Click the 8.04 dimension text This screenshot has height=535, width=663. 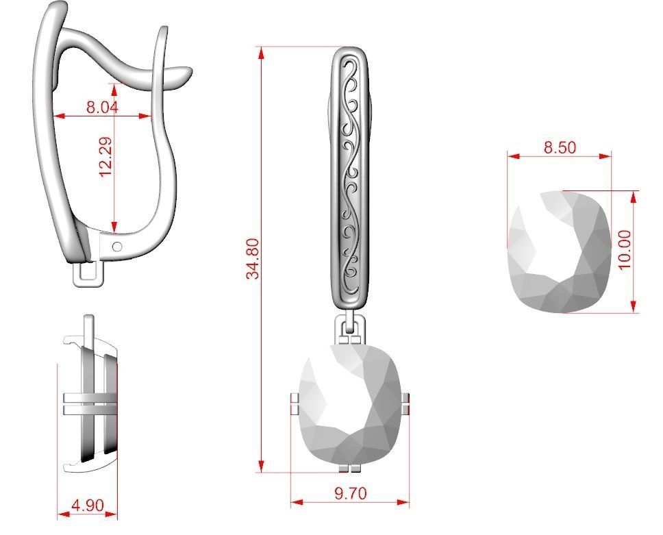[102, 107]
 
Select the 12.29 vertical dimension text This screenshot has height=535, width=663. [105, 157]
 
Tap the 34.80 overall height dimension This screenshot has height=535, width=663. [253, 258]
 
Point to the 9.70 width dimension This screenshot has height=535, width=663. [350, 493]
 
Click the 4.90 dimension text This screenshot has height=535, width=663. [88, 506]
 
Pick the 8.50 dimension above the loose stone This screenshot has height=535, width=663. [560, 147]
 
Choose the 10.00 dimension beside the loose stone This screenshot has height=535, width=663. [624, 250]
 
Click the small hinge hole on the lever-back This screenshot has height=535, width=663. [116, 246]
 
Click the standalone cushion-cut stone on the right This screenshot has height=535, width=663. [559, 251]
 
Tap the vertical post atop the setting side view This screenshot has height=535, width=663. [88, 327]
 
